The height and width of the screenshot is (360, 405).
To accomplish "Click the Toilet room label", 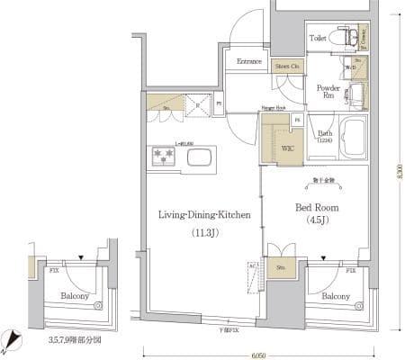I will point(317,40).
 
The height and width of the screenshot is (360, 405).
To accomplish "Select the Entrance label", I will point(249,61).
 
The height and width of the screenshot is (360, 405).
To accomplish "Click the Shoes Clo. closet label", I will point(287,65).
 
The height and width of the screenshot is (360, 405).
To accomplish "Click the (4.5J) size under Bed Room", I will point(316,220).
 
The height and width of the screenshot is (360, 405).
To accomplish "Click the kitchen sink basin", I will point(198,159).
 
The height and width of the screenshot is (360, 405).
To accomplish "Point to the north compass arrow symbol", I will point(13,340).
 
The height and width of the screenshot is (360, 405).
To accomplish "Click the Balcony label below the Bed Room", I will point(335,296).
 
